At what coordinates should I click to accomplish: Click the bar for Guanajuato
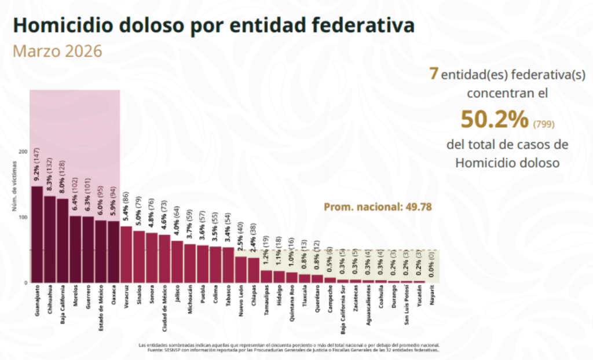coord(36,234)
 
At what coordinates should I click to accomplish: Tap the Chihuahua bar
coord(49,239)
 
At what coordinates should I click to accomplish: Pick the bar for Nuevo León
coord(240,269)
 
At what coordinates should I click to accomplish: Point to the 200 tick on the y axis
coord(24,152)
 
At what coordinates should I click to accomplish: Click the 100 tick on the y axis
coord(24,218)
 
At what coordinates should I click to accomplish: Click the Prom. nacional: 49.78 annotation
coord(378,207)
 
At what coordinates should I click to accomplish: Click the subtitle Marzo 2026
coord(57,51)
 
